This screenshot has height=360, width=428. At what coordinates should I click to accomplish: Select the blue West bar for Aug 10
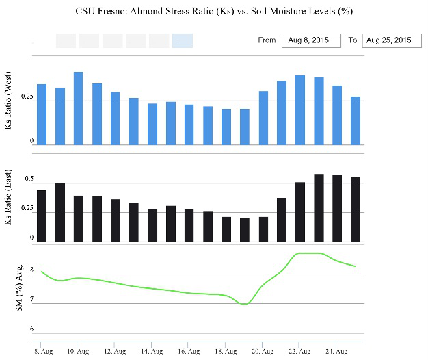pos(78,108)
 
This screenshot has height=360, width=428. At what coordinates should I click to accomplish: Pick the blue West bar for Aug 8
pos(42,114)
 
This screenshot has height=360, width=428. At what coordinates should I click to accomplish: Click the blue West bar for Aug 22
pos(299,110)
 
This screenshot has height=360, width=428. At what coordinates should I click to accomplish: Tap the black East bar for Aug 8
pos(42,216)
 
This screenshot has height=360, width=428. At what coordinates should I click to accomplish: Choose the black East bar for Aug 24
pos(336,208)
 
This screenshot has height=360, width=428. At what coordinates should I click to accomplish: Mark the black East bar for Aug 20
pos(263,229)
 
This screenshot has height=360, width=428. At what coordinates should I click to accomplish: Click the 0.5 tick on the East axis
pos(29,180)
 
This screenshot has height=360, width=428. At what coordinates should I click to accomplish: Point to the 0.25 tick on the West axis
pos(27,97)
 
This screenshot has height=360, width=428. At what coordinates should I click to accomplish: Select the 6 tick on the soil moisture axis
pos(30,329)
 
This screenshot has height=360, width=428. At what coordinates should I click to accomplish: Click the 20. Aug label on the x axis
pos(263,350)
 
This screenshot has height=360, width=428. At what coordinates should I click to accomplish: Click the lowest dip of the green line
pos(244,303)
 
